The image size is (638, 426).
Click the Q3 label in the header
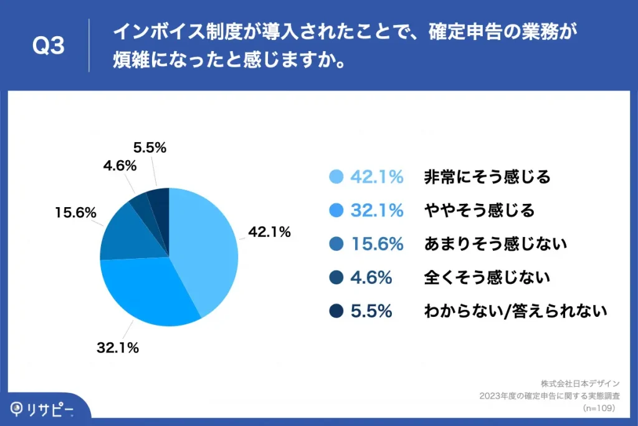pos(49,46)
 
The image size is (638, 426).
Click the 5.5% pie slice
pos(158,198)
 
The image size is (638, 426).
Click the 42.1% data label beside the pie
pos(270,233)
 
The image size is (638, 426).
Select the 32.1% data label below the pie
pos(117,348)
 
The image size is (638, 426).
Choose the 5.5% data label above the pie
pos(150,148)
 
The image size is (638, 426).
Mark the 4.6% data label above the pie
pos(120,166)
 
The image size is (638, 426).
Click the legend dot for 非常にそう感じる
pos(336,177)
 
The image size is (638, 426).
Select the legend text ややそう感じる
pos(479,211)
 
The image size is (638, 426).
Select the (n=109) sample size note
pos(599,408)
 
